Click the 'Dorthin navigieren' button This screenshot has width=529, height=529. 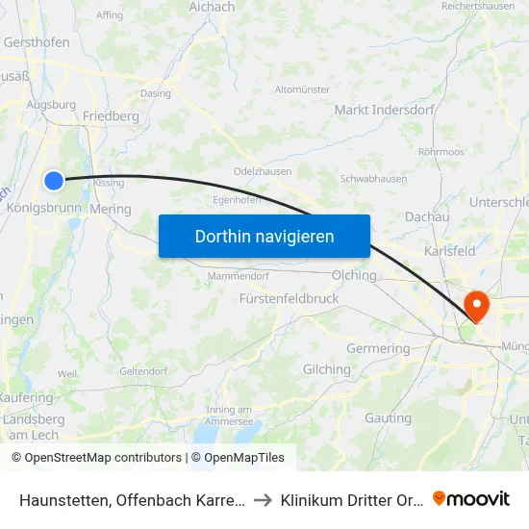click(x=264, y=236)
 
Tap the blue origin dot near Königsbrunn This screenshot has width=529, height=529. click(x=54, y=181)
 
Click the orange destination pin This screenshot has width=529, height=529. click(x=476, y=307)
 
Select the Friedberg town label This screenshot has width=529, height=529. click(x=111, y=116)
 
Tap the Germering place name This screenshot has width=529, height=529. click(x=378, y=348)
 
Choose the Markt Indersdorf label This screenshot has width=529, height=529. click(x=376, y=110)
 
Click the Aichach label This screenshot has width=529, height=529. click(x=212, y=7)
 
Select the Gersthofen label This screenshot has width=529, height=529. click(x=38, y=43)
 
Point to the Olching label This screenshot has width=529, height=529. click(x=354, y=275)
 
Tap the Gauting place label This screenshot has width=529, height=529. click(x=388, y=418)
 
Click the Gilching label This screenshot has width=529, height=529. click(x=327, y=369)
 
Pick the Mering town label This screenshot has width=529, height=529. click(x=110, y=208)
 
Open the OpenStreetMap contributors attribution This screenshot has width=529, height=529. click(x=103, y=458)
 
